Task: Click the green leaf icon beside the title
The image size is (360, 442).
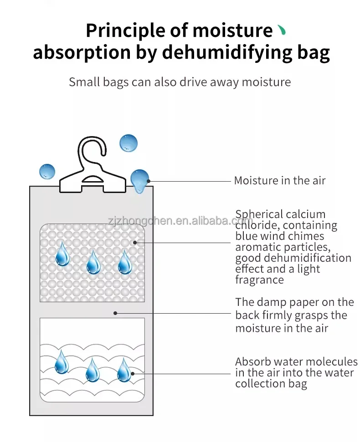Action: (282, 31)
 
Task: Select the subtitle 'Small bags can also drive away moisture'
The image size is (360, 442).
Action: (180, 82)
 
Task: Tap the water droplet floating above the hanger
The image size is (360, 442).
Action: (129, 143)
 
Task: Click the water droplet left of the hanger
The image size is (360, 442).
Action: (47, 172)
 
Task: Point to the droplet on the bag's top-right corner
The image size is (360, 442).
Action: (139, 180)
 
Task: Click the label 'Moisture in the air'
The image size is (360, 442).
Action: (279, 181)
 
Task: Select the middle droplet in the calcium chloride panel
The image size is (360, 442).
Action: (93, 263)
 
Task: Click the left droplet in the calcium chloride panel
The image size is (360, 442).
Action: (62, 255)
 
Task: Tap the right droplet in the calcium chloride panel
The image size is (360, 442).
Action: (124, 263)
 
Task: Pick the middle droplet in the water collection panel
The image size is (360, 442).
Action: (93, 370)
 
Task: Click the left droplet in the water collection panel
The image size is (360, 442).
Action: (62, 362)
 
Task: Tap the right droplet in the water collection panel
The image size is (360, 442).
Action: (123, 370)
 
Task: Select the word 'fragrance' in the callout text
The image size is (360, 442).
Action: (259, 280)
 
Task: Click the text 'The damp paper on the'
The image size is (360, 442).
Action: (294, 302)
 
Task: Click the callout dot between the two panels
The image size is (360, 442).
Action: (116, 313)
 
